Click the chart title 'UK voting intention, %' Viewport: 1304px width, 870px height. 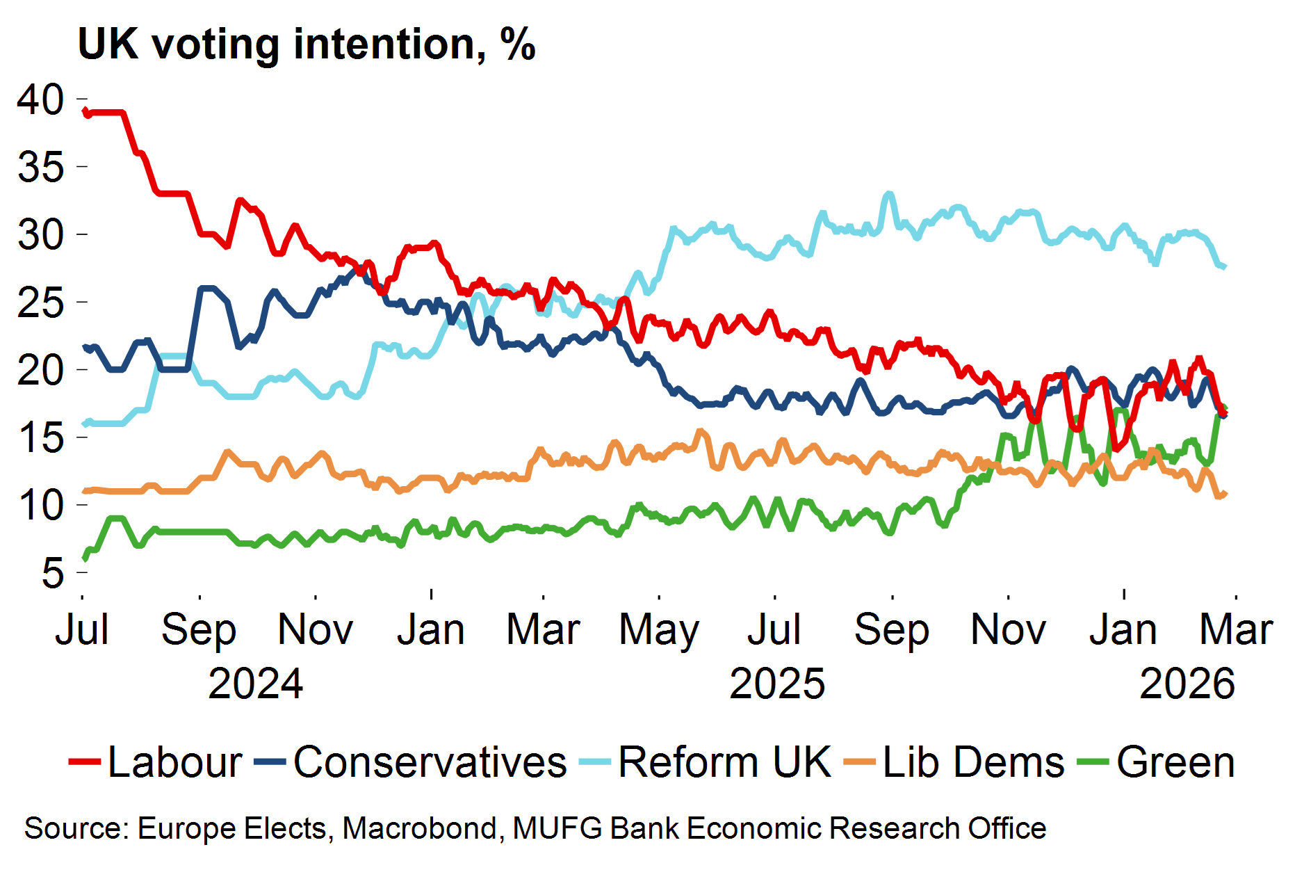pos(307,45)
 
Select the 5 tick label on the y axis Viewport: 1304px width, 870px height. pos(52,573)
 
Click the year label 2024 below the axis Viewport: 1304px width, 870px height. pos(255,684)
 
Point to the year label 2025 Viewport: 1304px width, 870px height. pos(777,684)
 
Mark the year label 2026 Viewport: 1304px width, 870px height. pos(1187,684)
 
